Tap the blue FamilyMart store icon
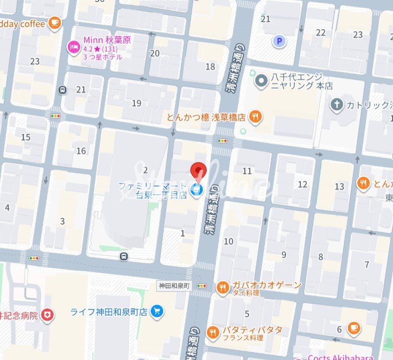(x=197, y=190)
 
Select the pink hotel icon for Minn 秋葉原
(x=73, y=48)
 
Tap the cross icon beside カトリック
(x=337, y=105)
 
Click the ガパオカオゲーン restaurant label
(x=266, y=285)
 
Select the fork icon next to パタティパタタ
(x=214, y=333)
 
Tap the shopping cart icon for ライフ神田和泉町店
(x=157, y=311)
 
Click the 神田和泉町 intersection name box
(x=173, y=286)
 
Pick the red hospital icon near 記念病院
(x=47, y=315)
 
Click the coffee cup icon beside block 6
(x=353, y=327)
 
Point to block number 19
(x=137, y=103)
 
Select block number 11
(x=247, y=171)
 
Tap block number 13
(x=339, y=186)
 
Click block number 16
(x=81, y=151)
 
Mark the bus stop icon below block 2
(x=123, y=256)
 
